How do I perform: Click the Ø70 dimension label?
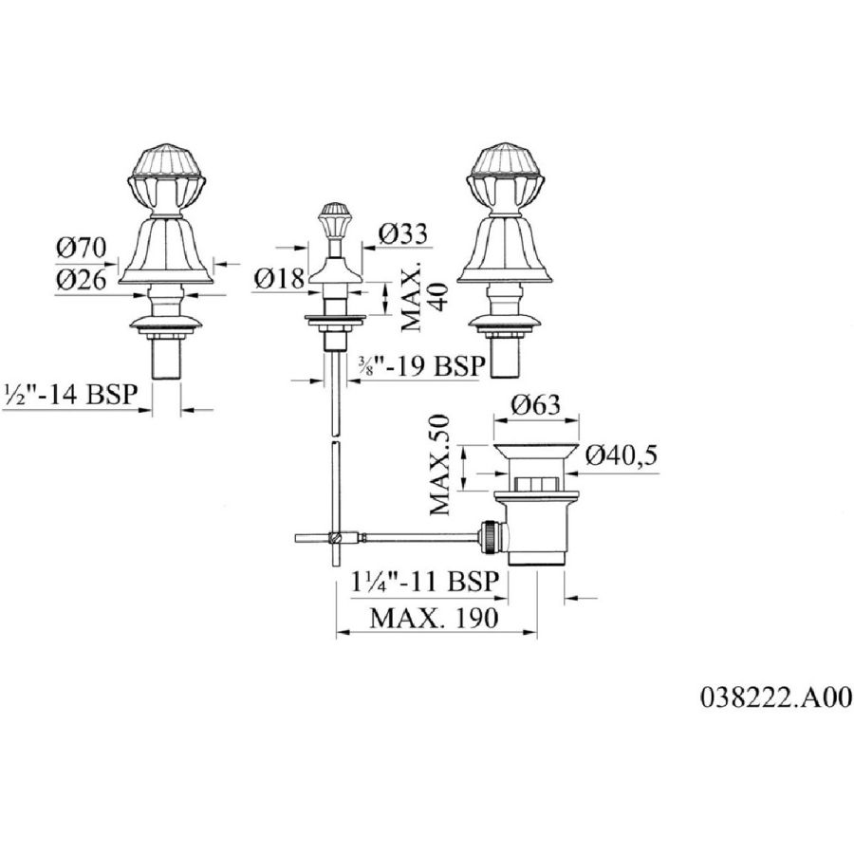(82, 250)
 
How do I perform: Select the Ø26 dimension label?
(82, 280)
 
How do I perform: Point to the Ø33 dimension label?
(402, 232)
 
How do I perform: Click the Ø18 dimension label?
(281, 278)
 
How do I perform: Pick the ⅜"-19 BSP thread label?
(420, 365)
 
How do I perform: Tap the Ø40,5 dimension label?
(622, 457)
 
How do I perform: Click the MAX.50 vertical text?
(442, 463)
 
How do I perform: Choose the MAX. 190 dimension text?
(433, 619)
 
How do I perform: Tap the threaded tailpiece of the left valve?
(167, 361)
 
